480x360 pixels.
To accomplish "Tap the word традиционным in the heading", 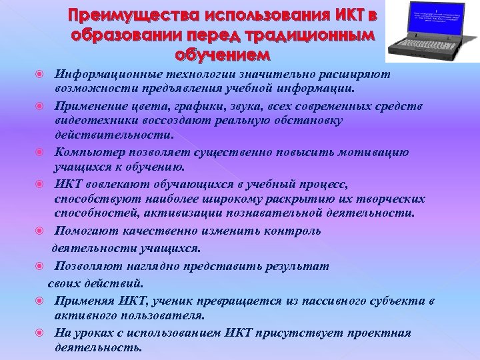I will pos(318,34).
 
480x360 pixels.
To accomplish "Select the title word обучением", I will pos(224,53).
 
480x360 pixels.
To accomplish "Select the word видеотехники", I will pos(97,120).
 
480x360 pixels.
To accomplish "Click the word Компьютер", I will pos(89,152).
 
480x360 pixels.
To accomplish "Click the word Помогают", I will pos(86,231).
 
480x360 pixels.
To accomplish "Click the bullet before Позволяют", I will pos(39,266).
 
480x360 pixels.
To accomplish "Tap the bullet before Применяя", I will pos(39,299).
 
